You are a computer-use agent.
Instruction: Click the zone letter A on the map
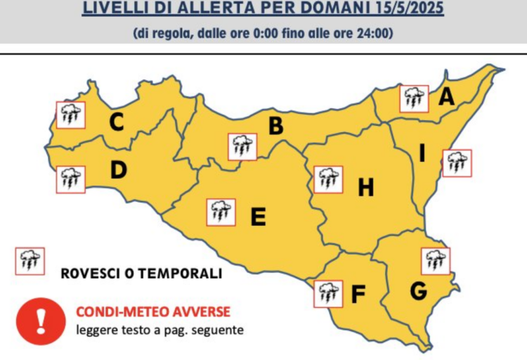click(x=445, y=98)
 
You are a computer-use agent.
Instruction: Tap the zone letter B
click(x=276, y=126)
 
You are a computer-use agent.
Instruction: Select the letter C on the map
click(x=117, y=122)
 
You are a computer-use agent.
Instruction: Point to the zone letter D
click(x=118, y=171)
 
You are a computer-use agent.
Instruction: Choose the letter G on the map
click(x=418, y=290)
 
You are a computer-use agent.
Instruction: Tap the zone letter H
click(x=366, y=188)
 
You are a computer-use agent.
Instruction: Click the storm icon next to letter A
click(x=413, y=98)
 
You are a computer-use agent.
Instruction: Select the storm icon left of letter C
click(x=70, y=115)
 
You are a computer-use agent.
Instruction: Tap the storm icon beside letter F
click(x=327, y=293)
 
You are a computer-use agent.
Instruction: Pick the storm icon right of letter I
click(x=457, y=163)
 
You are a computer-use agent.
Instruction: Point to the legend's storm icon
click(x=30, y=260)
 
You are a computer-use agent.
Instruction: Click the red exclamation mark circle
click(x=41, y=320)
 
